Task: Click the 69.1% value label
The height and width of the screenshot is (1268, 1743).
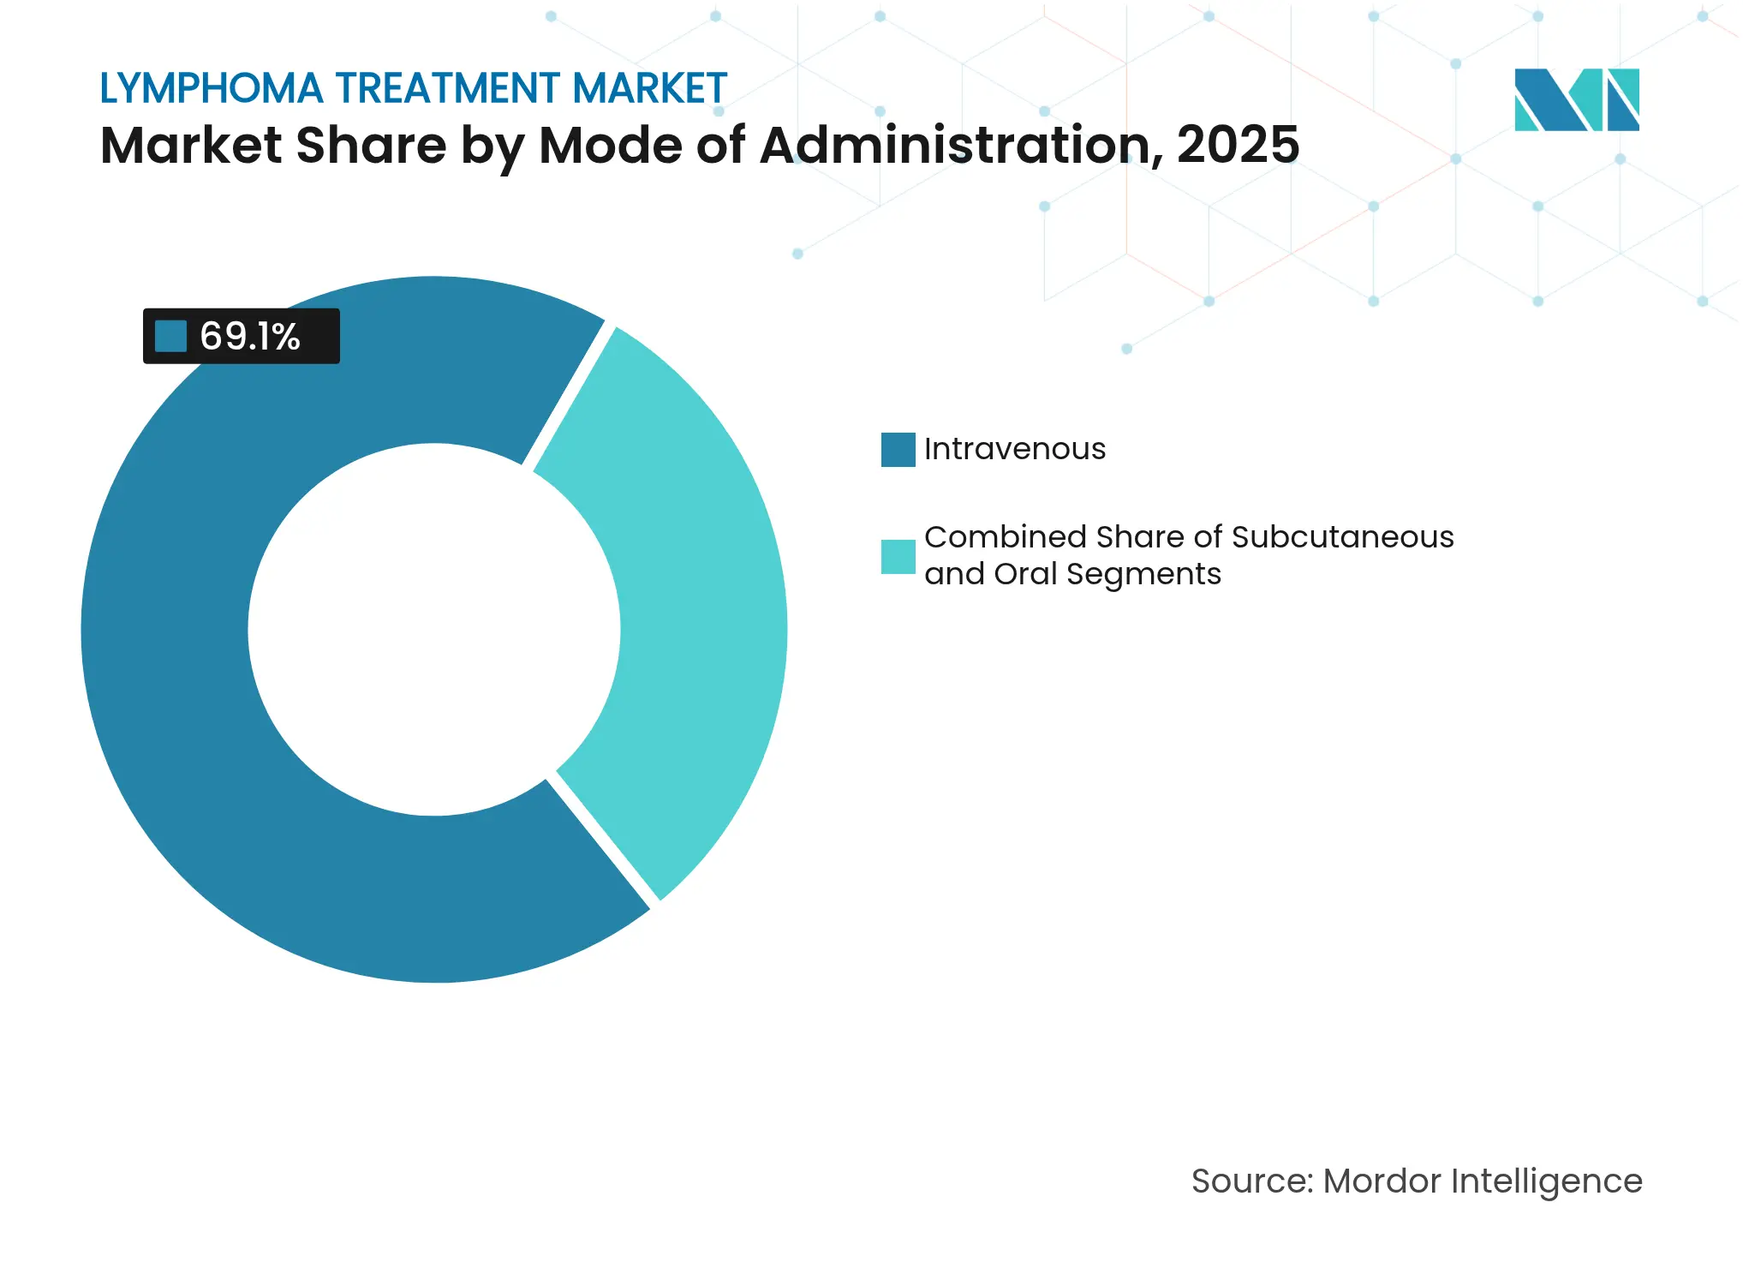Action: [249, 337]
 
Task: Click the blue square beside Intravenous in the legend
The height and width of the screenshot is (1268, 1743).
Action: [898, 450]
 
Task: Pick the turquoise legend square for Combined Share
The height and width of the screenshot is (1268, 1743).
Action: [898, 557]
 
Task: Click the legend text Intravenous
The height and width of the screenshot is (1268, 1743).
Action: [1015, 449]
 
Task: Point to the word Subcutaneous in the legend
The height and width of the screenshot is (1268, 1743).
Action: [1342, 537]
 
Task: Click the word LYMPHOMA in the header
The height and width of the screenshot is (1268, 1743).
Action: [212, 89]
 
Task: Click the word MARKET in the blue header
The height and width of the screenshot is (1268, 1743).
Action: [649, 89]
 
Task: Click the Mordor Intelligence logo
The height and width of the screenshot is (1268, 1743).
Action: [1576, 100]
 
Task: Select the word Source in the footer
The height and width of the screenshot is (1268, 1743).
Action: [1251, 1181]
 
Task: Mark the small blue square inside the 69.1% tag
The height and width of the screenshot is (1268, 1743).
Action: [170, 337]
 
